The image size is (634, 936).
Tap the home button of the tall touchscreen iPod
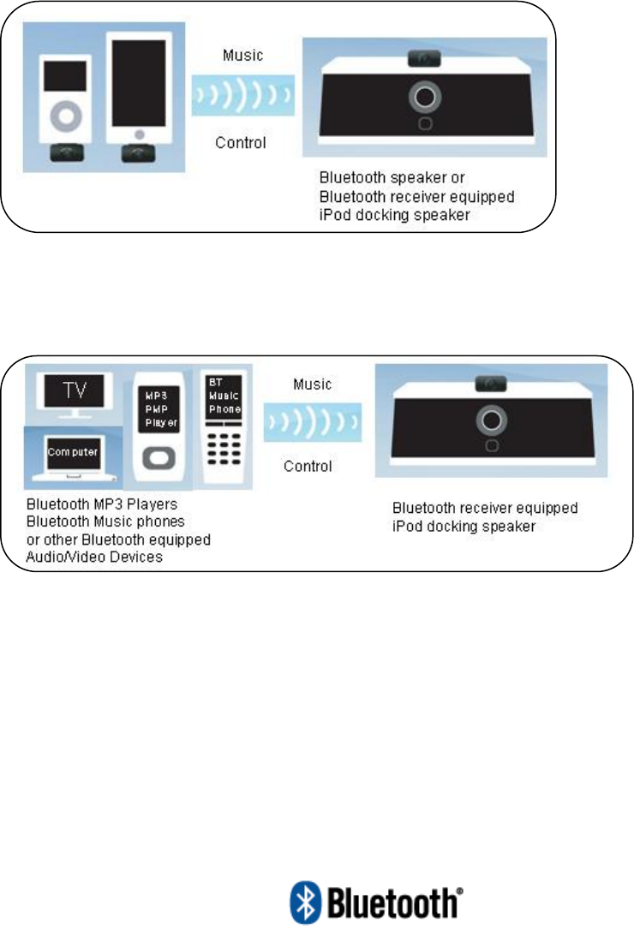coord(137,134)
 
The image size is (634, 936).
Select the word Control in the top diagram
coord(241,142)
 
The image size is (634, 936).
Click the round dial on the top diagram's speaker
coord(423,97)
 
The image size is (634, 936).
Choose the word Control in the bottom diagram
coord(308,467)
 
